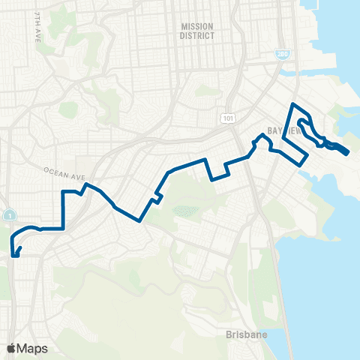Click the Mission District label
point(198,30)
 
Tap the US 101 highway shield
point(226,118)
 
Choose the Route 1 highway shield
point(7,214)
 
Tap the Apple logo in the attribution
point(12,348)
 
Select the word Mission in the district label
point(198,25)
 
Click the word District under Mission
point(198,35)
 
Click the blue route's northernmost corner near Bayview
point(292,103)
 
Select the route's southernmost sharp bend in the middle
point(139,220)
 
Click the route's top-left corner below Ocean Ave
point(63,193)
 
